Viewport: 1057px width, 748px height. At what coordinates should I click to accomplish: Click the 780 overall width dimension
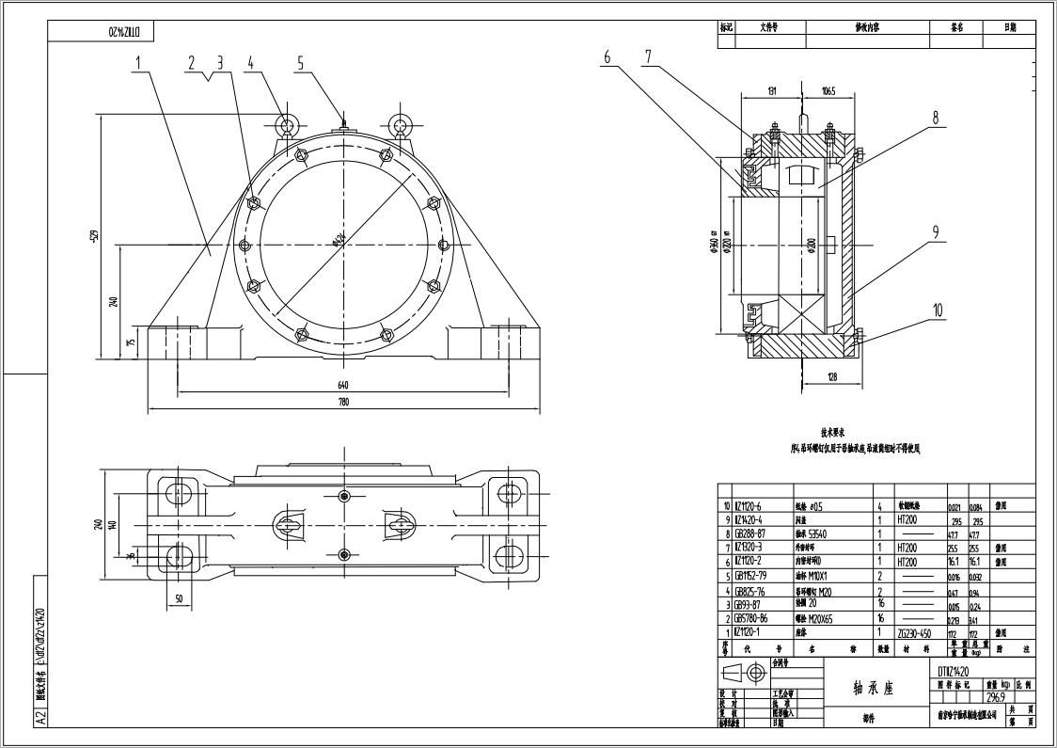[x=343, y=403]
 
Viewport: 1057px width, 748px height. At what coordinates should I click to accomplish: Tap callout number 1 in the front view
[x=138, y=63]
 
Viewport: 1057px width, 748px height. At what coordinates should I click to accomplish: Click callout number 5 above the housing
[x=301, y=63]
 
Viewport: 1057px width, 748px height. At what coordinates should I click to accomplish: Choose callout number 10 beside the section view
[x=937, y=310]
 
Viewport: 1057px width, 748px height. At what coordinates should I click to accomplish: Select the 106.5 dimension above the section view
[x=828, y=91]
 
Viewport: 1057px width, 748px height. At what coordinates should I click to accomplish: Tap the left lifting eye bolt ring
[x=288, y=124]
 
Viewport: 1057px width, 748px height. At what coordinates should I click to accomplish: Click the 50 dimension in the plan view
[x=178, y=598]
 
